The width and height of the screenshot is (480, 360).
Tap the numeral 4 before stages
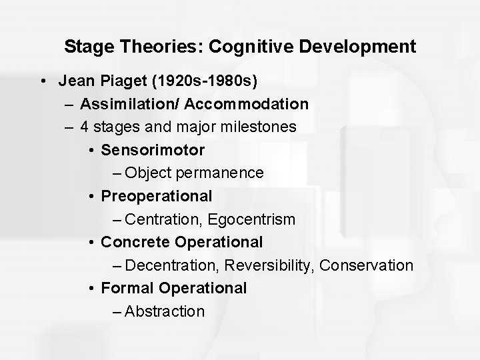point(85,127)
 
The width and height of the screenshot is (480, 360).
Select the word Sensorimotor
point(153,150)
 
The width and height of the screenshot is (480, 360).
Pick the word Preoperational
point(157,196)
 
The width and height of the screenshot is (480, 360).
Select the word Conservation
point(367,265)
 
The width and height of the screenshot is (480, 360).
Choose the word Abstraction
point(165,311)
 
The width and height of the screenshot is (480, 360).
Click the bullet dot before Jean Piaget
point(43,81)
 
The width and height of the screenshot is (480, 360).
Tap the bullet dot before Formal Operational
point(90,289)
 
